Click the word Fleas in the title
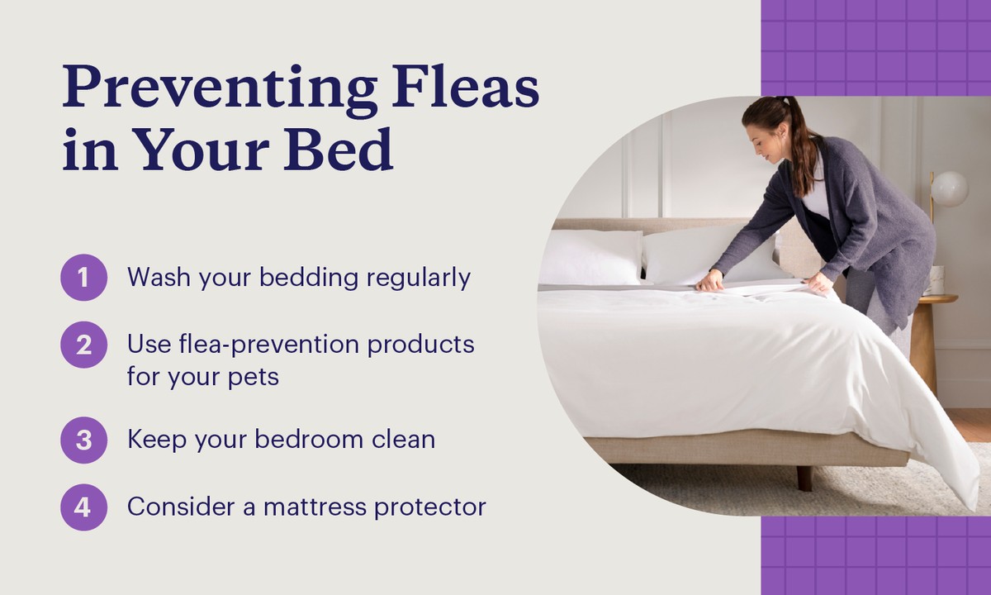pos(466,88)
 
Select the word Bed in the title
pos(339,149)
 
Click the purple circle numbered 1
pos(83,278)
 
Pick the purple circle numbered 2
pos(83,345)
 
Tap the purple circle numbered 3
pos(83,440)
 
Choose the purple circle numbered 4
pos(83,507)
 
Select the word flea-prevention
pos(269,345)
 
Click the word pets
pos(254,378)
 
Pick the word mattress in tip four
pos(315,507)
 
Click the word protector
pos(430,508)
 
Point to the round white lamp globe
pos(950,189)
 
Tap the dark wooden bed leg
pos(804,478)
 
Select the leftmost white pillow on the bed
pos(590,258)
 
